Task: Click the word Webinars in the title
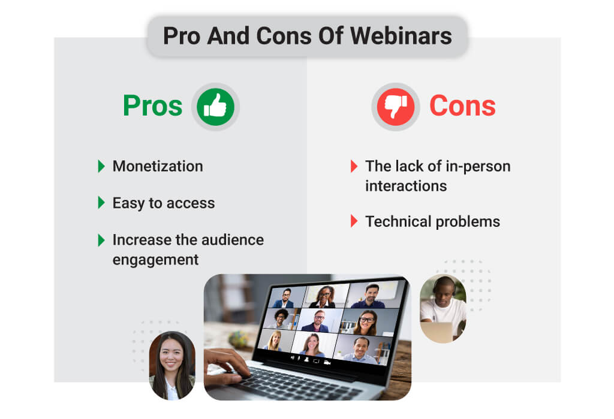tap(401, 36)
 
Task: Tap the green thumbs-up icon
tap(215, 107)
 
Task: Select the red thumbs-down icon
tap(396, 107)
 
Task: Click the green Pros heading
tap(153, 105)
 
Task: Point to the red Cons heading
tap(462, 105)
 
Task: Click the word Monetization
tap(158, 166)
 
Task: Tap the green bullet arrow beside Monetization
tap(101, 166)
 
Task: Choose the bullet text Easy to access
tap(164, 204)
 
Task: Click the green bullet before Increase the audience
tap(101, 240)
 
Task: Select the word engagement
tap(155, 260)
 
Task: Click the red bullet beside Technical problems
tap(354, 221)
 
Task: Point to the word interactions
tap(406, 186)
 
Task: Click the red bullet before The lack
tap(354, 166)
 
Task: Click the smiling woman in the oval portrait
tap(172, 366)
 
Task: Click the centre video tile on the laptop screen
tap(319, 320)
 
